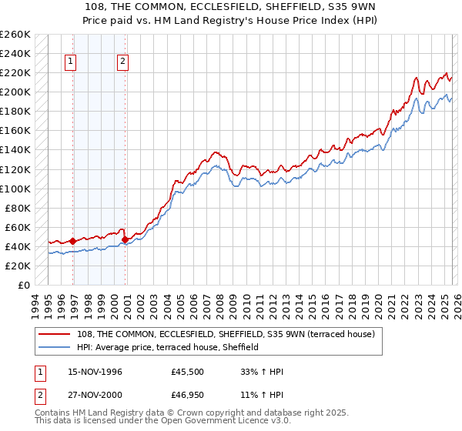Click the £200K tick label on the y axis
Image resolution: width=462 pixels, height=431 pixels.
click(x=15, y=92)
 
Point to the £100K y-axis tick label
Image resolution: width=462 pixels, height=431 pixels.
click(x=15, y=189)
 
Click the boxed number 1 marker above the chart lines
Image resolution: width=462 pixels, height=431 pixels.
click(x=71, y=63)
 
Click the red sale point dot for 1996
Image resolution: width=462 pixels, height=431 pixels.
click(x=73, y=241)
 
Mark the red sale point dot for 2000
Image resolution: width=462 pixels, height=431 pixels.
click(x=125, y=239)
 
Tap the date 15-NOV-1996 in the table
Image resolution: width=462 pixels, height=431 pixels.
click(x=95, y=372)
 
